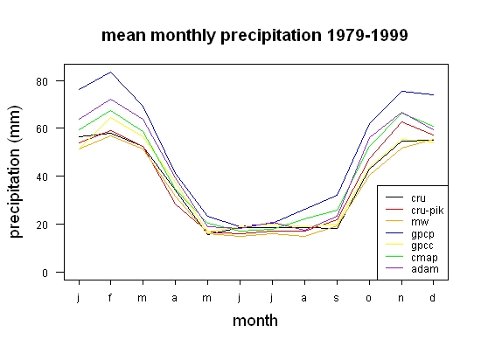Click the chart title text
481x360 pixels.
[x=254, y=36]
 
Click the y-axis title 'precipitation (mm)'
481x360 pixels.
[x=15, y=171]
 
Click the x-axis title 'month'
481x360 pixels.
[x=255, y=321]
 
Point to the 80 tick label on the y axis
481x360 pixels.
[x=42, y=81]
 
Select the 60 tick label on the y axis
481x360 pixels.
[x=42, y=128]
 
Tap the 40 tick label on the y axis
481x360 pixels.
[x=42, y=177]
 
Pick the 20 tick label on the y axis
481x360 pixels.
[x=42, y=225]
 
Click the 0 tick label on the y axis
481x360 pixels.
[x=45, y=273]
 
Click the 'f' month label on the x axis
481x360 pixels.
[x=110, y=297]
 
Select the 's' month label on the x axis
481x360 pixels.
[x=337, y=298]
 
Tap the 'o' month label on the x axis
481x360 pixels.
[x=369, y=298]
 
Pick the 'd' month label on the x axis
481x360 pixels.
[x=433, y=297]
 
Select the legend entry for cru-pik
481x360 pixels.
[x=415, y=211]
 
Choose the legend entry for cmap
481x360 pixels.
[x=411, y=258]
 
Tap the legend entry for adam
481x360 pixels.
[x=412, y=269]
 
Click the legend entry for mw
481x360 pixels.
[x=407, y=222]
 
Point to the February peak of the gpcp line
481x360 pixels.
[x=110, y=73]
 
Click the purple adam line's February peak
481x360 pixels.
[x=110, y=100]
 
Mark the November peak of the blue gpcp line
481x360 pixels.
[x=401, y=91]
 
